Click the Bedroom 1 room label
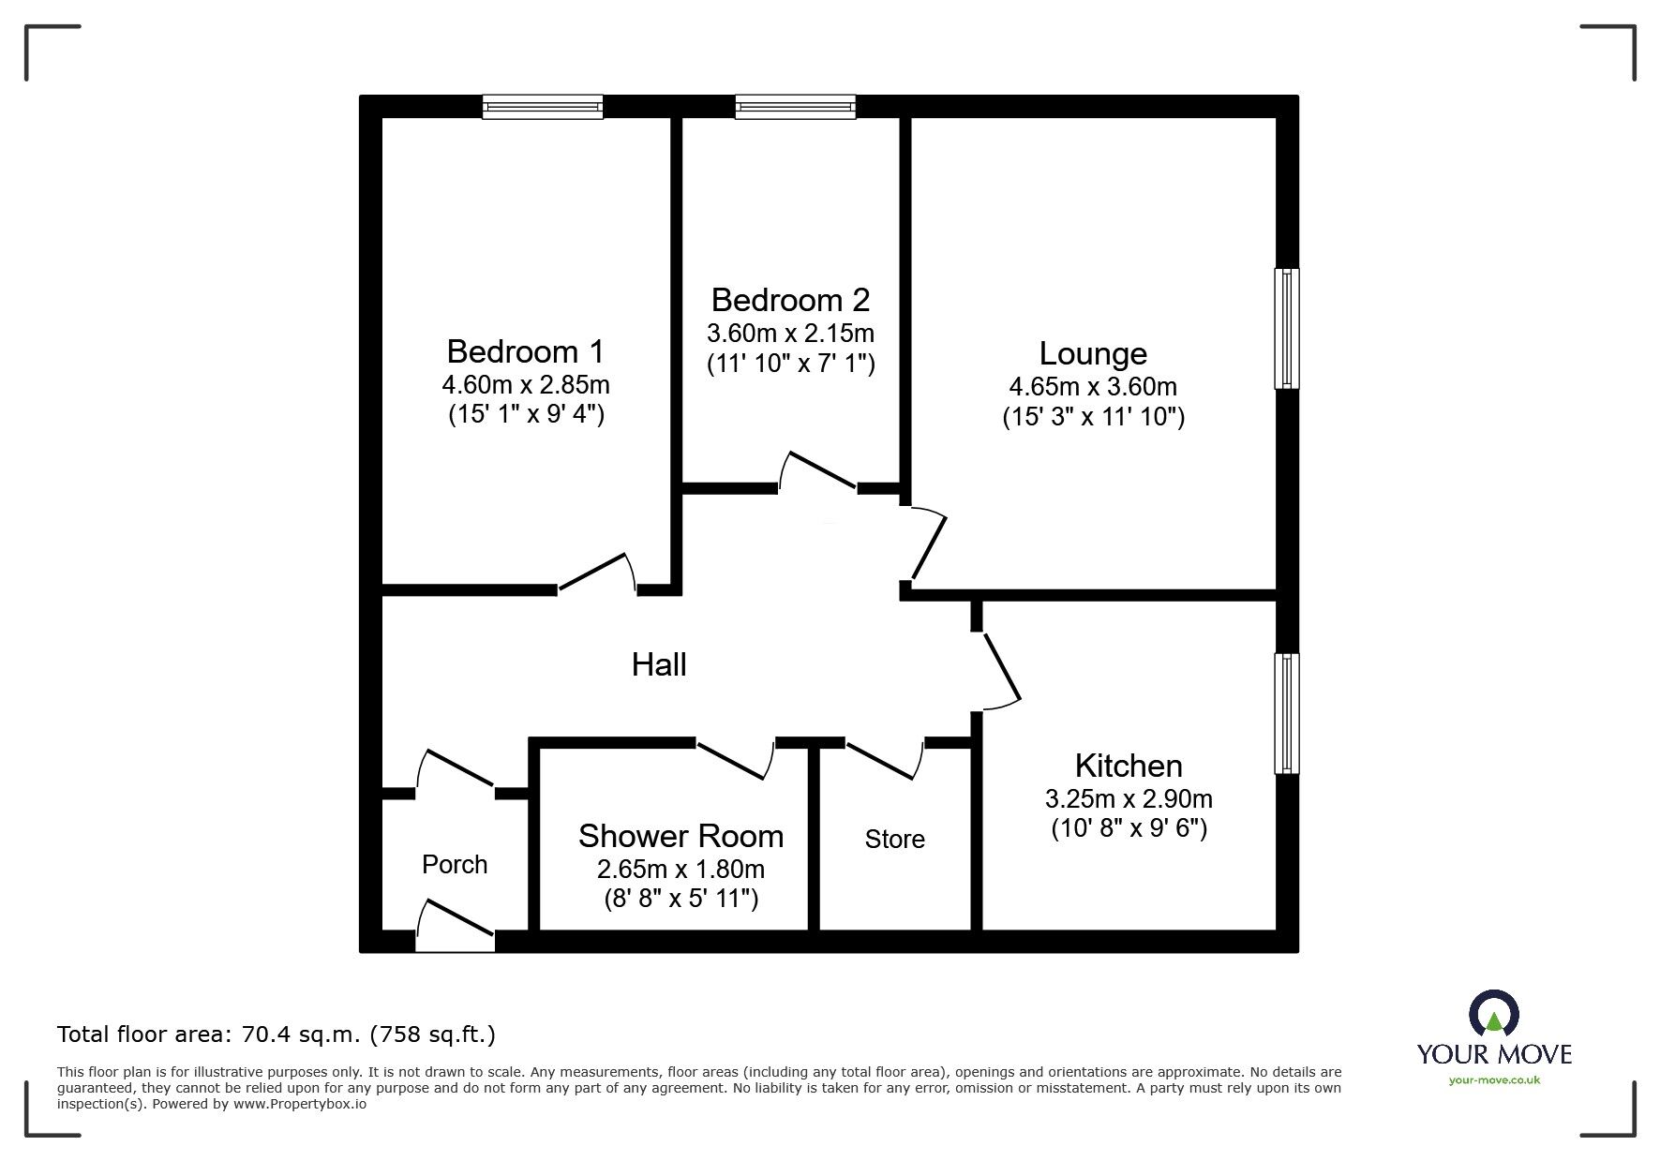[525, 351]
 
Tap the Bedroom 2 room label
[790, 300]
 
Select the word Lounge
[1093, 353]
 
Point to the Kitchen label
[1129, 766]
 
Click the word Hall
[659, 664]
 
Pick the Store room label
[894, 839]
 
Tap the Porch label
[455, 864]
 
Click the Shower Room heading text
[680, 836]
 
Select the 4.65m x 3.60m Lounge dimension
[1093, 386]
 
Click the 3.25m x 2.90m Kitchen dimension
[1129, 798]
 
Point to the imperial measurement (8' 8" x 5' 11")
[680, 900]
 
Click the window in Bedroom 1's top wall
[543, 107]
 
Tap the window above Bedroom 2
[795, 107]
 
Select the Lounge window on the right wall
[1287, 328]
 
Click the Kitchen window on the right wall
[1287, 713]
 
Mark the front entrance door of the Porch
[455, 925]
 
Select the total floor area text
[277, 1034]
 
